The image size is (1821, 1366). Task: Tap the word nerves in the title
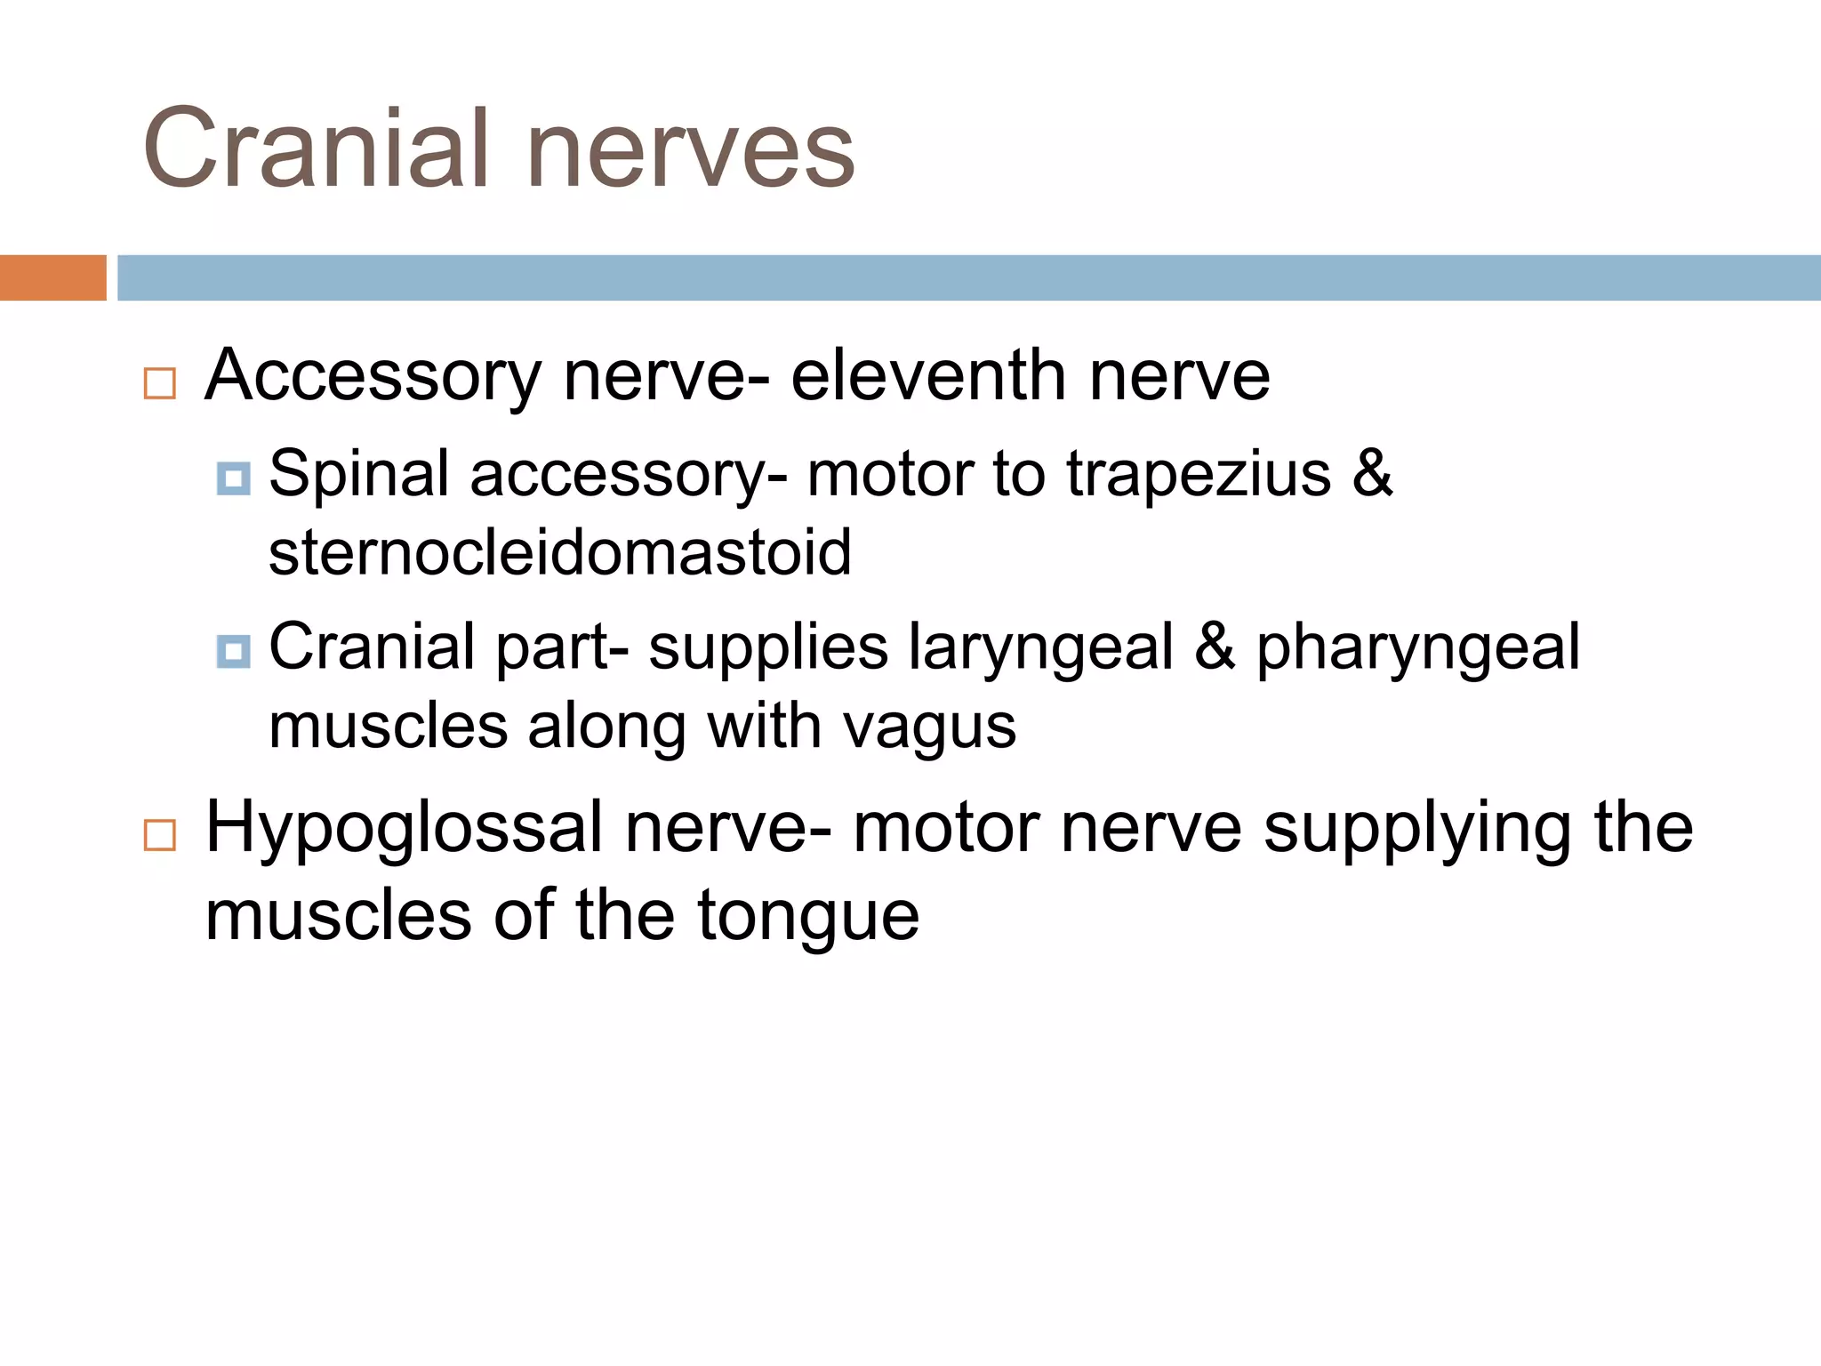pos(691,151)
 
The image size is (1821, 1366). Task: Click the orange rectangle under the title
pos(52,277)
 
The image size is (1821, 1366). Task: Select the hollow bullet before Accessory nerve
pos(160,383)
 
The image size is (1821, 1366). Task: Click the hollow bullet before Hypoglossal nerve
pos(160,835)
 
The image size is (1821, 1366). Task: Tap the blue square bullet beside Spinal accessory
pos(233,478)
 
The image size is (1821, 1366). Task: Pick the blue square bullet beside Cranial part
pos(233,651)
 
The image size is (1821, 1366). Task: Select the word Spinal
pos(358,475)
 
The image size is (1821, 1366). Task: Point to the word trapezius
pos(1199,475)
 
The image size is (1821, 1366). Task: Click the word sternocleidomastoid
pos(560,552)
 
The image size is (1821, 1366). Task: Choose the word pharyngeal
pos(1418,649)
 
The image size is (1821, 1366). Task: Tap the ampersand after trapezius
pos(1373,473)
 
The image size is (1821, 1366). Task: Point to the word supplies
pos(768,649)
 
